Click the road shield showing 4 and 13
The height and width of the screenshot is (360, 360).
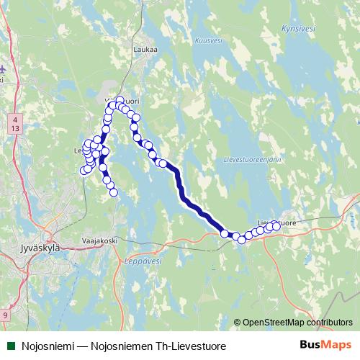point(15,122)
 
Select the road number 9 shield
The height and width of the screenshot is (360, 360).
point(6,315)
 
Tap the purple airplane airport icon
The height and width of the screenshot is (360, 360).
point(2,68)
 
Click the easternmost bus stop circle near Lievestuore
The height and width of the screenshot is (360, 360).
point(276,226)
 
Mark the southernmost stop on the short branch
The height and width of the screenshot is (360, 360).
point(113,192)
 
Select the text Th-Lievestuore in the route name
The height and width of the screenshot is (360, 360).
point(193,346)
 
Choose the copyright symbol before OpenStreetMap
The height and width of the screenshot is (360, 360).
point(238,323)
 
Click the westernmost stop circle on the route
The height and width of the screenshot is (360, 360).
point(84,171)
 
